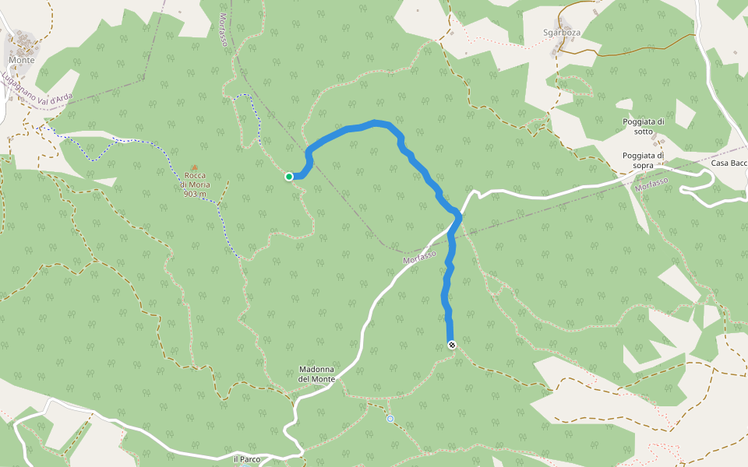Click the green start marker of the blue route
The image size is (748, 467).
(x=289, y=177)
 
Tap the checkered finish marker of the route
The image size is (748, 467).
(x=451, y=344)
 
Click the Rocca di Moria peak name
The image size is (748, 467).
(x=195, y=180)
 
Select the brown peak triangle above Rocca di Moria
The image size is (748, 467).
(x=194, y=167)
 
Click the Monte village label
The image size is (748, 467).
(x=22, y=60)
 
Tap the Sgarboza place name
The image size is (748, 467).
(x=563, y=33)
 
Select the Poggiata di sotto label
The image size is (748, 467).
(x=644, y=126)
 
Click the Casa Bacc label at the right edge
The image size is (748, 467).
(x=729, y=163)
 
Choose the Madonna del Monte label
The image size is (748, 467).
(x=317, y=374)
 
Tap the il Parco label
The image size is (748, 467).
(x=247, y=459)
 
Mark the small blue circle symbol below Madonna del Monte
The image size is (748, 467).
(x=390, y=419)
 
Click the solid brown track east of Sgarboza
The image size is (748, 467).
(x=639, y=46)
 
